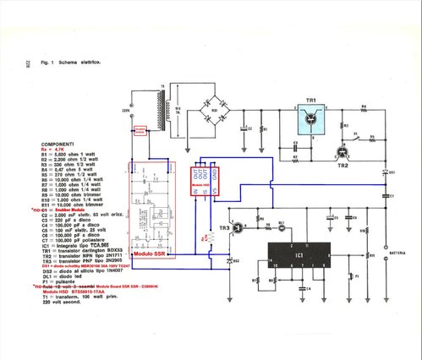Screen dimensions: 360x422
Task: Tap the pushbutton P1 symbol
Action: pyautogui.click(x=357, y=275)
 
